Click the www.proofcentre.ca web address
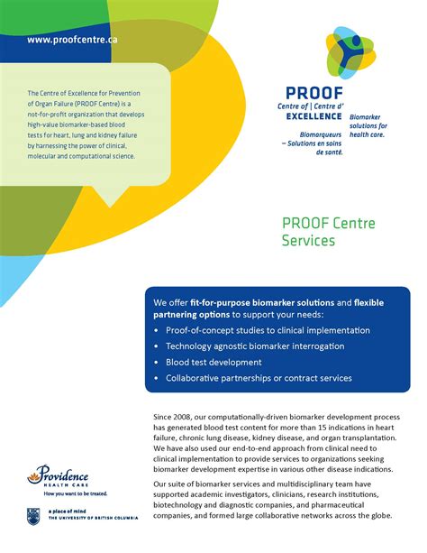point(72,40)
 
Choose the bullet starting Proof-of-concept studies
point(255,329)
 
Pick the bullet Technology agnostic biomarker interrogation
point(255,346)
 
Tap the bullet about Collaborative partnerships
point(259,378)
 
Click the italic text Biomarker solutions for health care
point(369,126)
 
